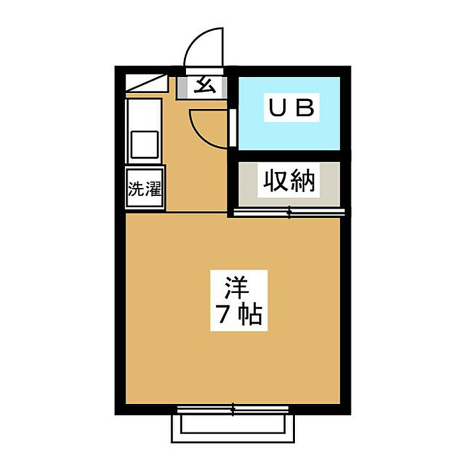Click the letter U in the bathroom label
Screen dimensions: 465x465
(x=275, y=107)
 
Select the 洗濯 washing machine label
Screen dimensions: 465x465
(x=145, y=189)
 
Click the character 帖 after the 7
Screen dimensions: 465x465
(x=251, y=316)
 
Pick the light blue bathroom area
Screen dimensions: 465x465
(x=289, y=130)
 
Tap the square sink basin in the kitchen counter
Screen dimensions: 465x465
(x=144, y=144)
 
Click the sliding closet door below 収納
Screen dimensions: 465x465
(x=289, y=213)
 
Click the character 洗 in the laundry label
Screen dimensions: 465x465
(x=136, y=189)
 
